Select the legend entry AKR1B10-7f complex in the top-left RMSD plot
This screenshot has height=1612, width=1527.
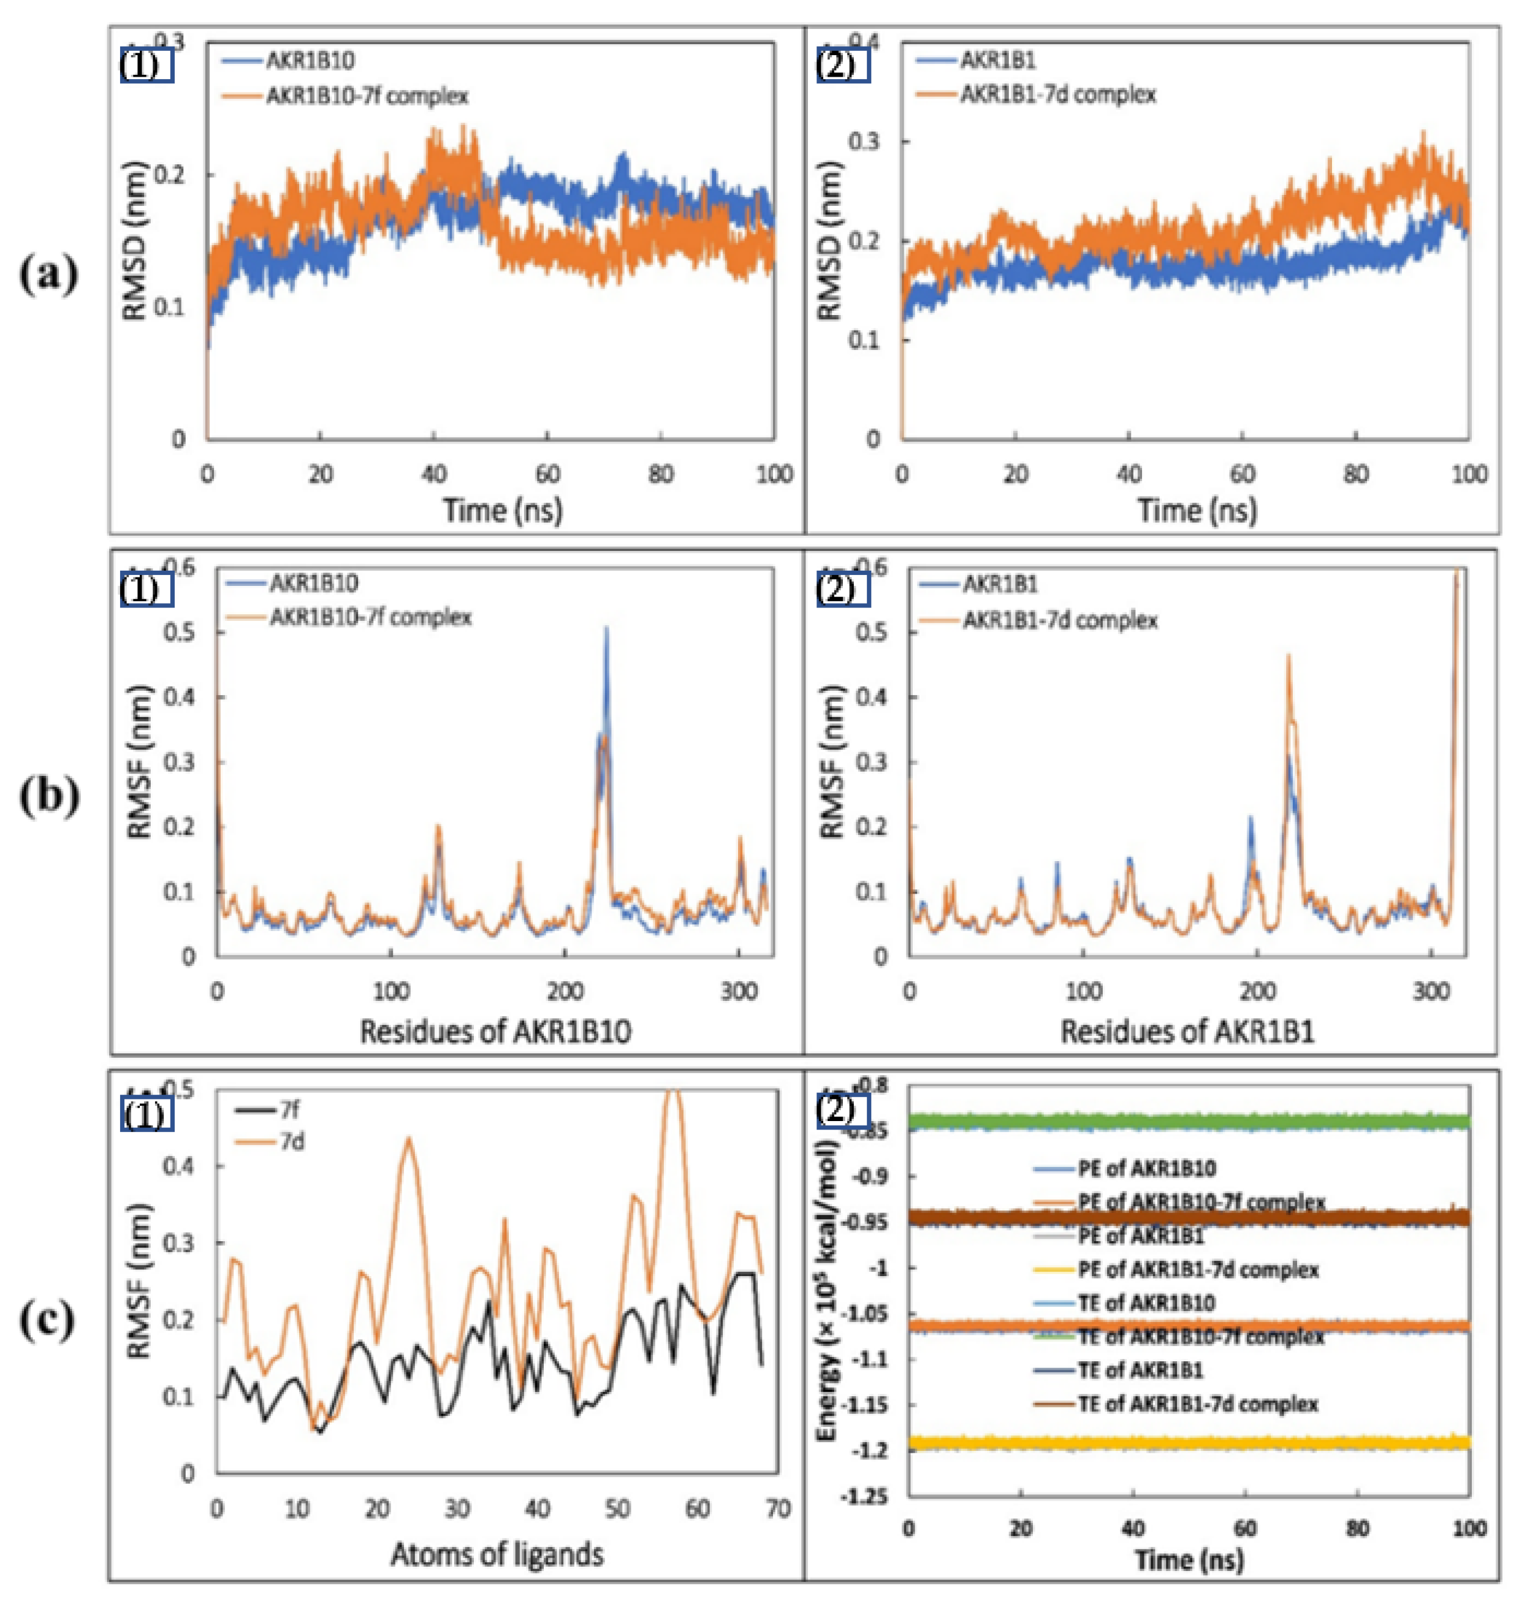coord(367,96)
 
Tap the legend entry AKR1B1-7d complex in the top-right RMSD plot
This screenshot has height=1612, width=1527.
coord(1057,94)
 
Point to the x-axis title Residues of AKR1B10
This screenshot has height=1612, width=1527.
coord(495,1031)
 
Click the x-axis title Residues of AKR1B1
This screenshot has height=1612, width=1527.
coord(1187,1031)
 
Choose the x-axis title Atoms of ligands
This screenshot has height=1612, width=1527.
coord(497,1554)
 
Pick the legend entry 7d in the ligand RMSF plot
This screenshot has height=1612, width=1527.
coord(291,1142)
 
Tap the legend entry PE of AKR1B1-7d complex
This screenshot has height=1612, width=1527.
coord(1197,1269)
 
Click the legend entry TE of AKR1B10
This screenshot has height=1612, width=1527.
coord(1146,1303)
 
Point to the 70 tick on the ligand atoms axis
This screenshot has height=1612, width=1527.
coord(777,1510)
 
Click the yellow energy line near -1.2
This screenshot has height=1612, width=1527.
coord(1189,1443)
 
